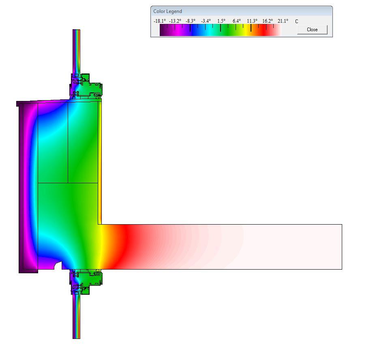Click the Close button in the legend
pyautogui.click(x=312, y=30)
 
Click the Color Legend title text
pyautogui.click(x=167, y=11)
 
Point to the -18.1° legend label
pyautogui.click(x=160, y=21)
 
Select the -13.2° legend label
pyautogui.click(x=175, y=21)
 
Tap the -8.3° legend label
pyautogui.click(x=191, y=21)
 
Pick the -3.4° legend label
pyautogui.click(x=206, y=21)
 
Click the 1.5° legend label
pyautogui.click(x=221, y=21)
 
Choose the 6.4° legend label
pyautogui.click(x=236, y=21)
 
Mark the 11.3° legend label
pyautogui.click(x=252, y=21)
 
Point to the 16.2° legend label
pyautogui.click(x=268, y=21)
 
